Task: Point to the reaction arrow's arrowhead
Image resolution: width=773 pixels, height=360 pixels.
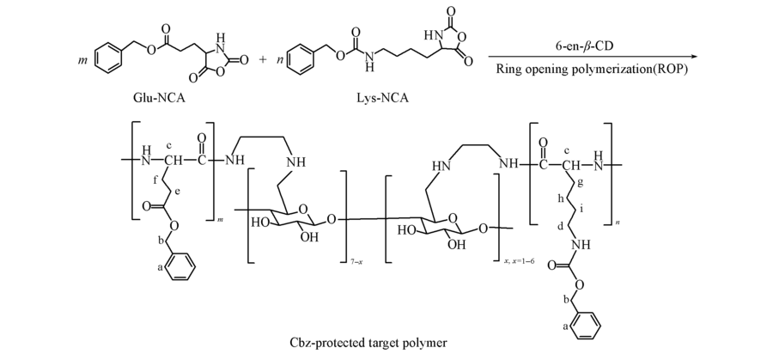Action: (x=684, y=57)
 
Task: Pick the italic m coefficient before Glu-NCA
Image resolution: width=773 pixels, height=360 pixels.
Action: (x=82, y=61)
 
